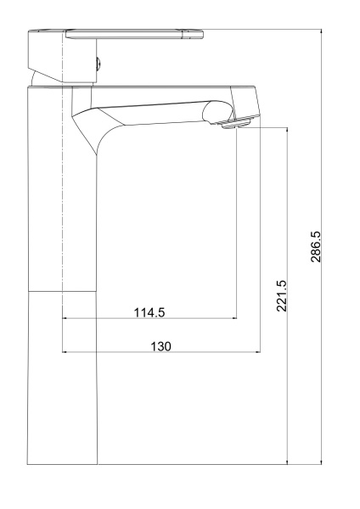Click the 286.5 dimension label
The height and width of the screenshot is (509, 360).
tap(316, 247)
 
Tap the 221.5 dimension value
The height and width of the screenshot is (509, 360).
tap(282, 296)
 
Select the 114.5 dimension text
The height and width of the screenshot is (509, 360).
tap(149, 312)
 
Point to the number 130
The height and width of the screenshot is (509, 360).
tap(160, 346)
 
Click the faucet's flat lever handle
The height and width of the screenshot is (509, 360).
tap(134, 34)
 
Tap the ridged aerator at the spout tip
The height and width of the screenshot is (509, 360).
tap(237, 123)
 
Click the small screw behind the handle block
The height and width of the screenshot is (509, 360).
tap(99, 64)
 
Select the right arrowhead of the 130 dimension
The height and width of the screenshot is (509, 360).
tap(258, 351)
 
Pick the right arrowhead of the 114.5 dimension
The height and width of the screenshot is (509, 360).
tap(234, 318)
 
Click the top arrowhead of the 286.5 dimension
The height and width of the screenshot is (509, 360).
tap(321, 32)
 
